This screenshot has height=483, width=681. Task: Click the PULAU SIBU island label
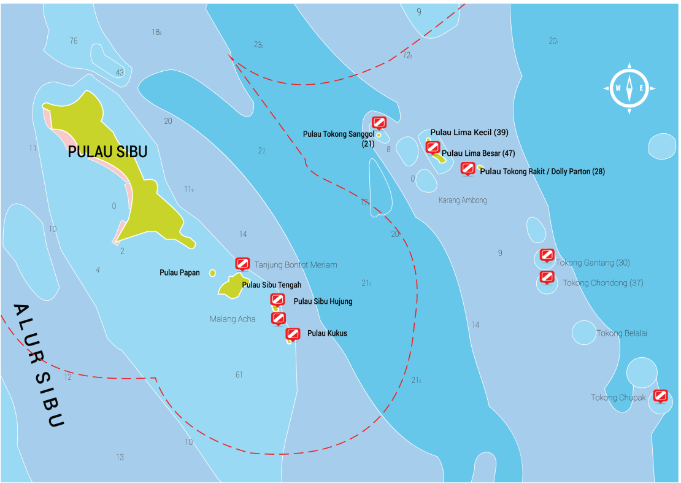click(107, 152)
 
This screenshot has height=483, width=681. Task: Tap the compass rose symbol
click(629, 88)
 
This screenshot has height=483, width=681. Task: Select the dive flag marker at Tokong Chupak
click(660, 395)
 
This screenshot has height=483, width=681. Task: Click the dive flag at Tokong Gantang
click(547, 255)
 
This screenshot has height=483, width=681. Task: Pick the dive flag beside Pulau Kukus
click(293, 333)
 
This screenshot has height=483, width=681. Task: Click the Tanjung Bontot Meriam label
click(296, 265)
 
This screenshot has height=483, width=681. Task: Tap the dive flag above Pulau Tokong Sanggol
click(379, 122)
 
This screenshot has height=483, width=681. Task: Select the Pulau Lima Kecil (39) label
click(469, 133)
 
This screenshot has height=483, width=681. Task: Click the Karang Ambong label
click(463, 200)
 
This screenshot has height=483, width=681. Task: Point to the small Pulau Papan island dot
click(212, 272)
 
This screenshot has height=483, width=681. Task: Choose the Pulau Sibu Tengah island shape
click(231, 287)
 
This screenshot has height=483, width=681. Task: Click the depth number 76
click(74, 41)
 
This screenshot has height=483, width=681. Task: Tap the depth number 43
click(120, 72)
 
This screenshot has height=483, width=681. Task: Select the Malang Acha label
click(233, 319)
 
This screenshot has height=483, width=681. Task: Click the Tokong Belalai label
click(621, 333)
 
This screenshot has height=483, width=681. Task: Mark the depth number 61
click(239, 374)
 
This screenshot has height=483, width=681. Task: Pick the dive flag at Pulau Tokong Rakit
click(467, 168)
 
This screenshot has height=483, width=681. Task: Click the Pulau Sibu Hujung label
click(323, 301)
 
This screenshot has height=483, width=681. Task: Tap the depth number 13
click(120, 457)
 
